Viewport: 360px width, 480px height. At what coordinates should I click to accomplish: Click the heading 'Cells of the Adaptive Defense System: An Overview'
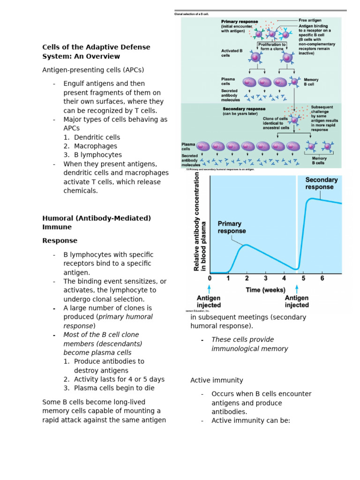click(x=96, y=52)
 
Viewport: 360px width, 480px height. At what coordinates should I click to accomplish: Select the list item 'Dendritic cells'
click(x=97, y=137)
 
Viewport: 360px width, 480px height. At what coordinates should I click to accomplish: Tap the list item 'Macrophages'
click(x=95, y=146)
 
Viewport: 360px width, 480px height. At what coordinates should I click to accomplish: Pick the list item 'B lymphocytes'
click(x=97, y=155)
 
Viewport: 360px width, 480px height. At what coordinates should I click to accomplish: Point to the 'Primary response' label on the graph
click(x=232, y=227)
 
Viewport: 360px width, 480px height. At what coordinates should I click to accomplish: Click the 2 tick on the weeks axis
click(x=247, y=278)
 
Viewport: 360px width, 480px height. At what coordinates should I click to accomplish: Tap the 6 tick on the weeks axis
click(x=322, y=278)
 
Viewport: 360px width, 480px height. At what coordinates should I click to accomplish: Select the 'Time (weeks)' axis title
click(x=265, y=290)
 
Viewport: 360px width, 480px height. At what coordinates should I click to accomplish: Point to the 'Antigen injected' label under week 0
click(x=209, y=301)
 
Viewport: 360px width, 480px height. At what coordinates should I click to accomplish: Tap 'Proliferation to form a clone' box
click(x=272, y=46)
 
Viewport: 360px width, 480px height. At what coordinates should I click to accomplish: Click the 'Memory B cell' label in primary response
click(x=311, y=82)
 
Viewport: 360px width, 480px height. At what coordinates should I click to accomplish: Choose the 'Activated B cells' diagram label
click(x=232, y=53)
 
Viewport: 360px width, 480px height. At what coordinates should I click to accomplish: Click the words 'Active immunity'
click(x=217, y=380)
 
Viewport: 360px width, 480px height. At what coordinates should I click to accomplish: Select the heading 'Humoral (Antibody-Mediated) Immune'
click(x=97, y=223)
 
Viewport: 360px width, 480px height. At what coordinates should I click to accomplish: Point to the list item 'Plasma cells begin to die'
click(x=114, y=388)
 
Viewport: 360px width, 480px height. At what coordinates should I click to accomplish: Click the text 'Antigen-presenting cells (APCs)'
click(x=93, y=70)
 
